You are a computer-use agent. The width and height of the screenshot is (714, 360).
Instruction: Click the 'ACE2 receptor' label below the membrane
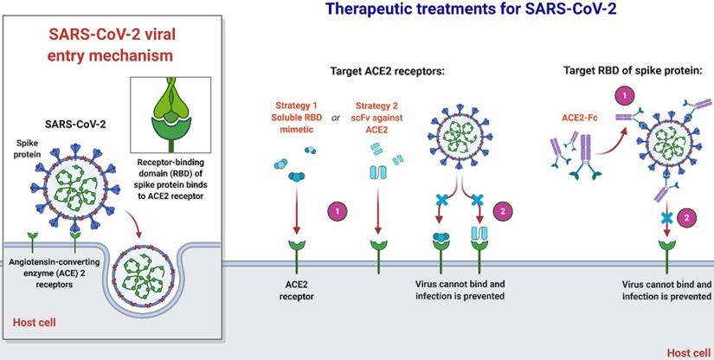coord(296,290)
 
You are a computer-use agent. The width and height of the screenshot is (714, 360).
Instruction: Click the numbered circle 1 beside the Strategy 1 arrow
coord(336,209)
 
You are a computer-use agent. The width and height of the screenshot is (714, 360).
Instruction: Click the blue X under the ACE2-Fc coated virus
coord(666,217)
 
